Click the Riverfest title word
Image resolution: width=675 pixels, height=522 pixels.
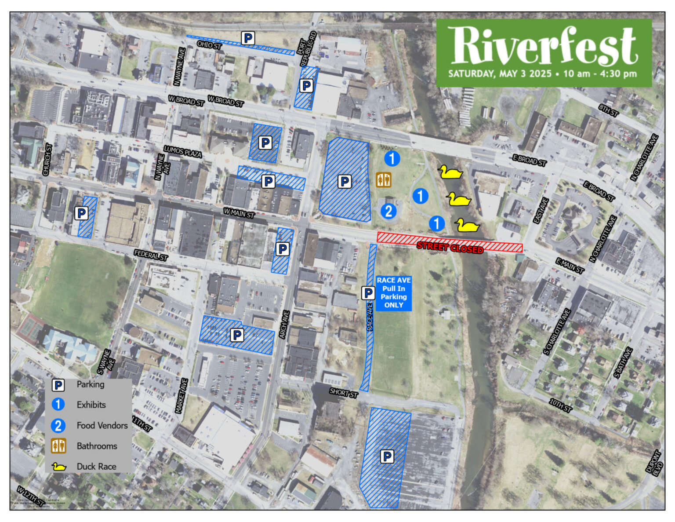pyautogui.click(x=543, y=46)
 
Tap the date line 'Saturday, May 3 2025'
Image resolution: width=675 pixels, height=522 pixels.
pyautogui.click(x=500, y=74)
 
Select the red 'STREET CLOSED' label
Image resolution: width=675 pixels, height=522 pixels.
pyautogui.click(x=450, y=248)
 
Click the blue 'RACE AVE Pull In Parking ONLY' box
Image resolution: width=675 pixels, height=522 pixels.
pyautogui.click(x=393, y=292)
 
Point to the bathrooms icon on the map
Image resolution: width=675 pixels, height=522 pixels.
pyautogui.click(x=383, y=179)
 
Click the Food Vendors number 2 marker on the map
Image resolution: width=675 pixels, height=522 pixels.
pyautogui.click(x=388, y=211)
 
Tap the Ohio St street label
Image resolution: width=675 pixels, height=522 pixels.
pyautogui.click(x=209, y=45)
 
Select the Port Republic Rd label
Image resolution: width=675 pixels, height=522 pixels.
pyautogui.click(x=307, y=49)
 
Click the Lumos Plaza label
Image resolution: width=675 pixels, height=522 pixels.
pyautogui.click(x=182, y=152)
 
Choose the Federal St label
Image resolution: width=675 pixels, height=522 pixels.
pyautogui.click(x=151, y=255)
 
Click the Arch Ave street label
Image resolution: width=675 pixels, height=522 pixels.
pyautogui.click(x=284, y=325)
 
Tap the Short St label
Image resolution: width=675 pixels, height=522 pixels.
pyautogui.click(x=344, y=393)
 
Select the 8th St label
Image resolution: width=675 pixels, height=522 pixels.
pyautogui.click(x=609, y=110)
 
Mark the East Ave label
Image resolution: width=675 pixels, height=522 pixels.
pyautogui.click(x=541, y=211)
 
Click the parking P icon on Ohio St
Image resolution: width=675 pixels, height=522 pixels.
pyautogui.click(x=248, y=38)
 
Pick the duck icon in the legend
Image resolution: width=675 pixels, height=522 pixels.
pyautogui.click(x=59, y=467)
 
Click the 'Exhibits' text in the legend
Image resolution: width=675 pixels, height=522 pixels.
pyautogui.click(x=91, y=405)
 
